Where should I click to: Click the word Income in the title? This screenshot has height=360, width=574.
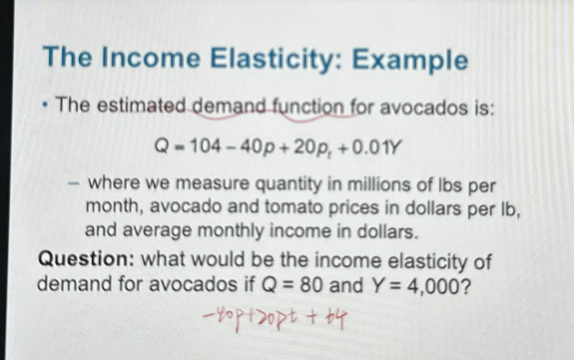click(x=151, y=60)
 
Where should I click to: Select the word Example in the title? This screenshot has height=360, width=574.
click(x=410, y=61)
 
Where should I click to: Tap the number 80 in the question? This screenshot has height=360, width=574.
click(x=311, y=285)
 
